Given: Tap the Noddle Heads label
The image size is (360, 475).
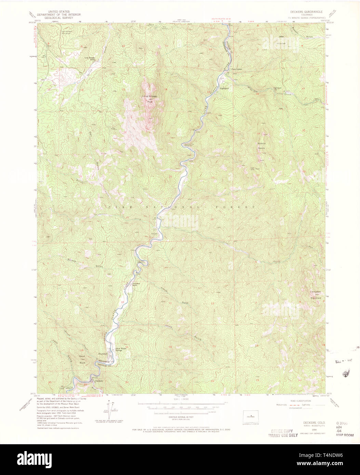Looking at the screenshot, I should (261, 146).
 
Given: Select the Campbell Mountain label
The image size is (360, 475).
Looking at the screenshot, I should (316, 295).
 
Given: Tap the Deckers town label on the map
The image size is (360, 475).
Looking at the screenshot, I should (99, 381).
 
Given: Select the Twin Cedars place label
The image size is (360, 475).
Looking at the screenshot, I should (237, 69).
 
